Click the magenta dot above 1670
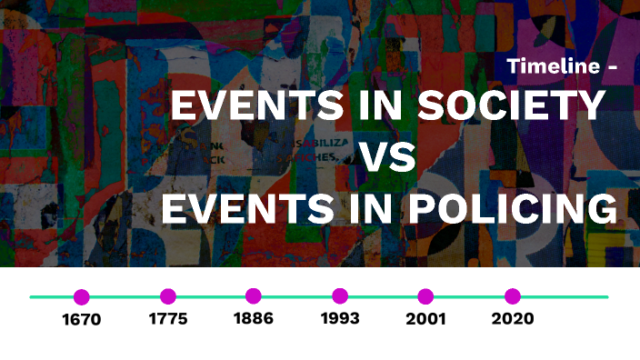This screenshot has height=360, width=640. coord(82,296)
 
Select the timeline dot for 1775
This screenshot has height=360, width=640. coord(168,296)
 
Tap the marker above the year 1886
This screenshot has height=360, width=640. coord(254,296)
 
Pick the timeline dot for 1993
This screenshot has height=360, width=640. coord(340,296)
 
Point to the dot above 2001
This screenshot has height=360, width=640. coord(425,296)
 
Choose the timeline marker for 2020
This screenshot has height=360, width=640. coord(513,296)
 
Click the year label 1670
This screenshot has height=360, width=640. coord(82,319)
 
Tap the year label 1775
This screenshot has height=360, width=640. coord(168,319)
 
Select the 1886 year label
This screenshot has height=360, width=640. coord(254,319)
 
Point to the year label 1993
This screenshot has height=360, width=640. coord(340,319)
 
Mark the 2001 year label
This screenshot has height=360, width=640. coord(425,319)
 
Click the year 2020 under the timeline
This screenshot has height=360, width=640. coord(513,319)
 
